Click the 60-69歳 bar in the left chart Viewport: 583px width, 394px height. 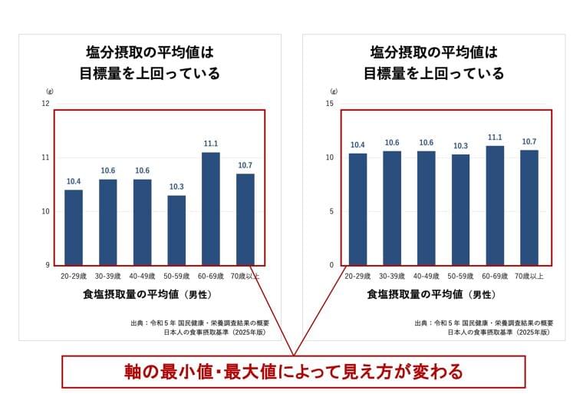tap(211, 208)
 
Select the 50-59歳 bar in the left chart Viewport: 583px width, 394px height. tap(176, 230)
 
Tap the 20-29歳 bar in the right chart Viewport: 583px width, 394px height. tap(358, 209)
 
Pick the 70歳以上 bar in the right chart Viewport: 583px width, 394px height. tap(529, 207)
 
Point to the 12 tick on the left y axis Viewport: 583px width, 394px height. tap(45, 104)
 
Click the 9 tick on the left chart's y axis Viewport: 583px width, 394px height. tap(47, 265)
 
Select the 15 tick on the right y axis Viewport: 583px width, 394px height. tap(330, 104)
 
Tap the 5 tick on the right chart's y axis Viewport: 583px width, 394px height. tap(331, 211)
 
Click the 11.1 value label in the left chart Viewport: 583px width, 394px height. tap(211, 144)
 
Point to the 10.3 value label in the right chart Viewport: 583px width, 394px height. tap(460, 146)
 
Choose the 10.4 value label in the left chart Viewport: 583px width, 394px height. tap(74, 181)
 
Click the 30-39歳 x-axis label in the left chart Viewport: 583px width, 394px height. tap(107, 276)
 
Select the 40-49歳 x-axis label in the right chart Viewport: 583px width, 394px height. tap(427, 276)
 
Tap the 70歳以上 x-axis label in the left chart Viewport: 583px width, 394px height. tap(245, 276)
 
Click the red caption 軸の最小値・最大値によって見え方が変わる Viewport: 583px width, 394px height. tap(294, 372)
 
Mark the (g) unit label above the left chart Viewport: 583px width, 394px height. tap(49, 91)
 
